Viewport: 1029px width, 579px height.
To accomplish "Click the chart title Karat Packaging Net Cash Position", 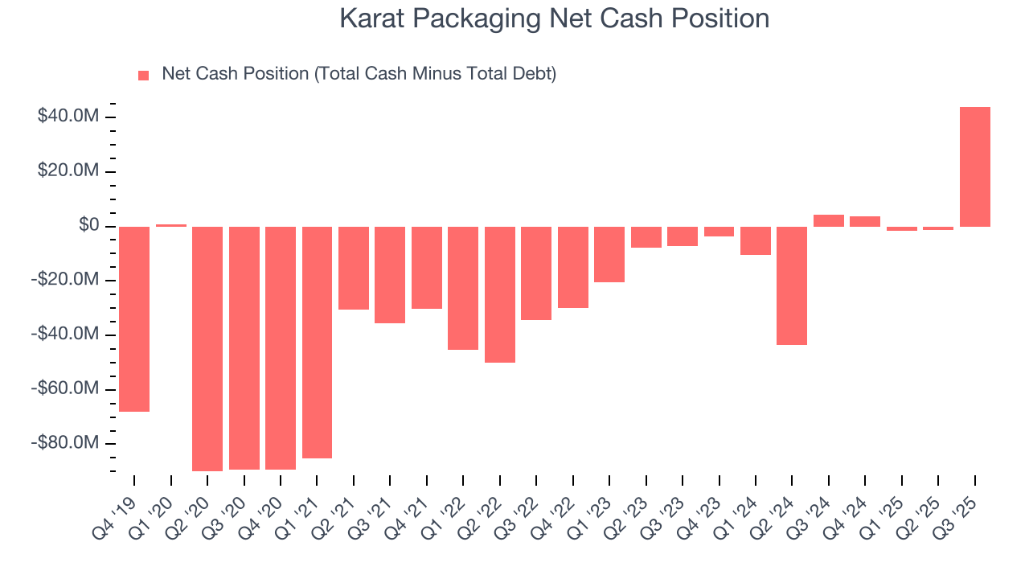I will pos(554,18).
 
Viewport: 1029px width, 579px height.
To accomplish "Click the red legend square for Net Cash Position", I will pos(144,75).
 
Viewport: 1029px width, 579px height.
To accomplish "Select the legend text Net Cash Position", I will pos(359,74).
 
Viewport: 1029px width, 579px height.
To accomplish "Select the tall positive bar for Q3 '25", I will pos(974,166).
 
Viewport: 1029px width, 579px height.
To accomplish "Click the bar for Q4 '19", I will pos(134,318).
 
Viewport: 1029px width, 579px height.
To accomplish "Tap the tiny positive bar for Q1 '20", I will pos(171,225).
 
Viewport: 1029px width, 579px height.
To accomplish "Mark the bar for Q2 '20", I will pos(207,348).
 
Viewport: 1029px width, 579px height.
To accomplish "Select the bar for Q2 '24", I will pos(792,285).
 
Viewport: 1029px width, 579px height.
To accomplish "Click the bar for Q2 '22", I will pos(500,294).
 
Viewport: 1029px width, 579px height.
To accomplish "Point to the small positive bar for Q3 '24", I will pos(829,220).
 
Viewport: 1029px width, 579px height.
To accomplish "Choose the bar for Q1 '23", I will pos(609,254).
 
